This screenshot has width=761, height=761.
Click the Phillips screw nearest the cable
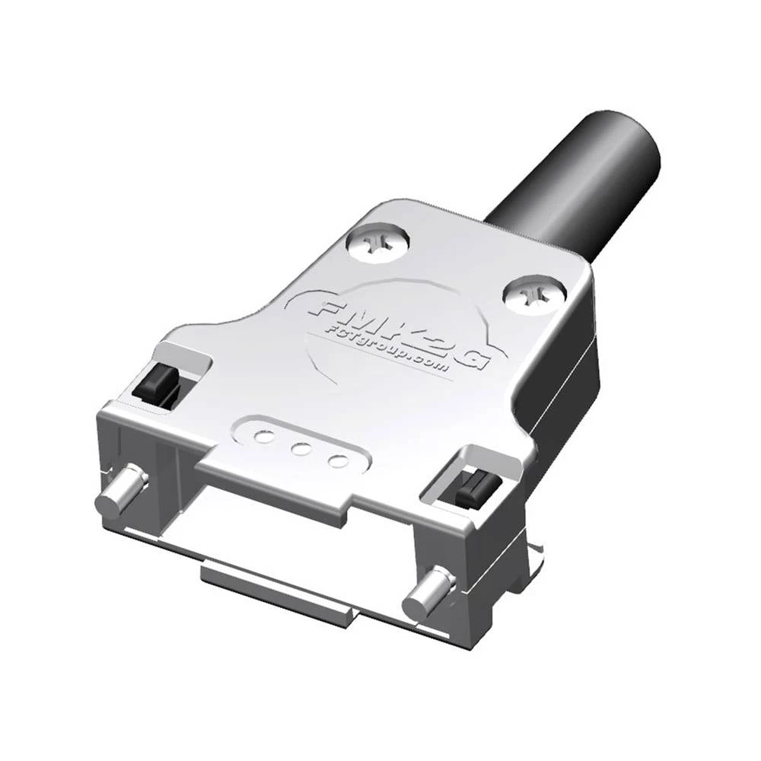coord(377,243)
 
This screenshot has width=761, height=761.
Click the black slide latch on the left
coord(156,384)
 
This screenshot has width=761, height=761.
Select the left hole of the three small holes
coord(263,437)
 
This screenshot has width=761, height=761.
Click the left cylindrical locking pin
coord(123,492)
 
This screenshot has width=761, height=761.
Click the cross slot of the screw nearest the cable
coord(377,243)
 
